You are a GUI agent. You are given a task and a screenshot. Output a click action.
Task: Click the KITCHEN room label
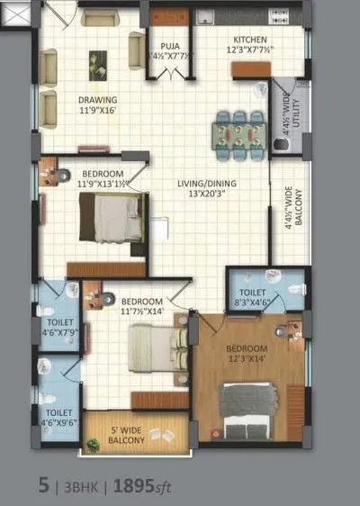(248, 40)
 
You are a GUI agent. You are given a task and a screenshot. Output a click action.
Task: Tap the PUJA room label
(169, 44)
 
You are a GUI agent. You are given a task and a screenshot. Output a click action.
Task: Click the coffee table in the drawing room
(96, 62)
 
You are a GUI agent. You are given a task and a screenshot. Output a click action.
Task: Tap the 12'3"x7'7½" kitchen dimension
(248, 50)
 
